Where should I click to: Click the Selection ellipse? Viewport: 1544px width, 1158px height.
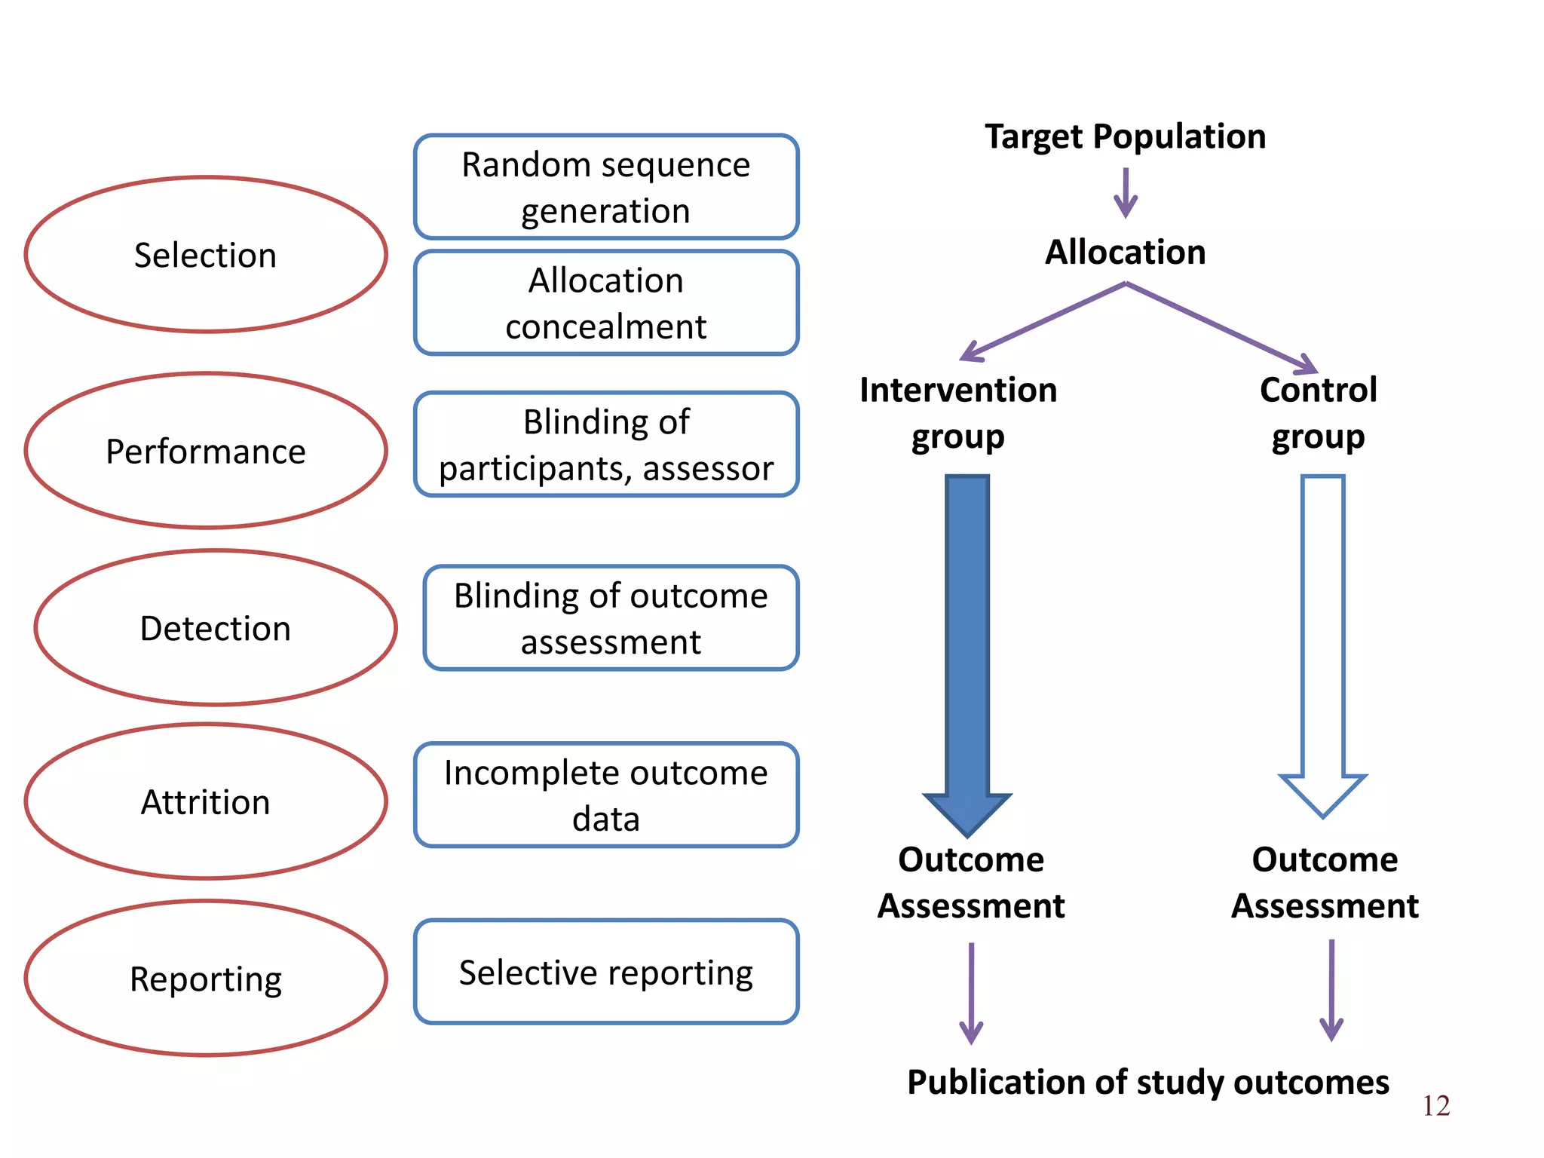point(205,255)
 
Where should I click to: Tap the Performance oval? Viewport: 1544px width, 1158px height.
point(205,451)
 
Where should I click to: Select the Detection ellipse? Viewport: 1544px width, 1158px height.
point(216,627)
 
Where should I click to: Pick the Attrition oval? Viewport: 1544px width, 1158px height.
point(205,801)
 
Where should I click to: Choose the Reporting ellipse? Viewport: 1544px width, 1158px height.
point(205,979)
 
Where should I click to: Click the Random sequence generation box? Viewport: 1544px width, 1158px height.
point(605,187)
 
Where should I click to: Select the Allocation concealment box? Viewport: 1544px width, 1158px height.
point(605,303)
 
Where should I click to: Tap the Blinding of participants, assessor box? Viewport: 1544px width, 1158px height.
point(605,445)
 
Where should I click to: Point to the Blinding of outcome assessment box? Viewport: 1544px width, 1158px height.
point(611,618)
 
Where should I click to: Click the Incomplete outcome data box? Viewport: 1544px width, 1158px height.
point(605,795)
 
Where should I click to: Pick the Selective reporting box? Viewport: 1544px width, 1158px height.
point(605,972)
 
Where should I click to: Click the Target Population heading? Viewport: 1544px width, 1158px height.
point(1125,136)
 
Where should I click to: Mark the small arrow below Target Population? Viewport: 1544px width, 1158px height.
point(1126,193)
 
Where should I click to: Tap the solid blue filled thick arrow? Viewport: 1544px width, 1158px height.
point(967,648)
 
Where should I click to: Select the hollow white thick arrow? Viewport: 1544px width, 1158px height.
point(1322,641)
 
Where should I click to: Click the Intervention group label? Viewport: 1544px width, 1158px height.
point(958,412)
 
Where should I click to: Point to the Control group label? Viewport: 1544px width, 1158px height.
point(1318,412)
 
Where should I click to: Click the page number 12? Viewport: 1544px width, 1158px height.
point(1435,1105)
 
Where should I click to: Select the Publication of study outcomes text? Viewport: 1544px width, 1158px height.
point(1147,1082)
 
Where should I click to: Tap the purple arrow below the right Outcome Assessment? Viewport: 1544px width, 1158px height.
point(1331,990)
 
